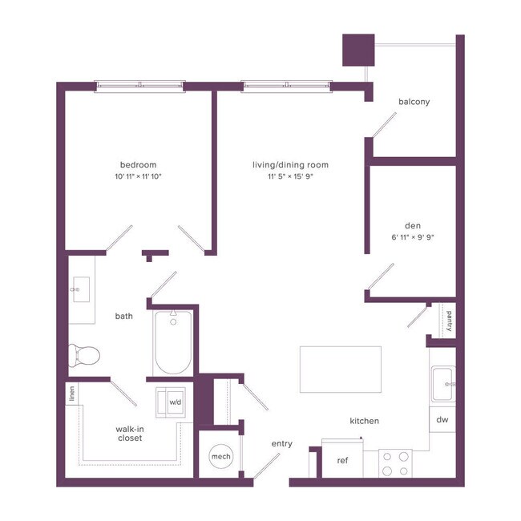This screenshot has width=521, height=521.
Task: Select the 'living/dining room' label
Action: (x=290, y=165)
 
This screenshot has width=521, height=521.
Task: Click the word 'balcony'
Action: (x=414, y=102)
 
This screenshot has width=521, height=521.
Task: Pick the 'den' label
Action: (x=414, y=226)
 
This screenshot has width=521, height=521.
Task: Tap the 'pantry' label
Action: (x=449, y=321)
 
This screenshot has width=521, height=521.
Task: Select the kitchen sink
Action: (x=443, y=384)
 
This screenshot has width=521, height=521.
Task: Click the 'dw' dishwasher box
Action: (x=442, y=419)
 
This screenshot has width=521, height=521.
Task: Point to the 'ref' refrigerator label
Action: (x=342, y=460)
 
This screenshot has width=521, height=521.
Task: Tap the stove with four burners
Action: (x=395, y=462)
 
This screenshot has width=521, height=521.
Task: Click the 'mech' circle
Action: (x=220, y=456)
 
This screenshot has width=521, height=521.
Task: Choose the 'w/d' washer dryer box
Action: (x=174, y=402)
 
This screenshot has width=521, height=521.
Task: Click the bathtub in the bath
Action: (x=174, y=344)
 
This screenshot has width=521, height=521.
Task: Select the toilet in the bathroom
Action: (x=83, y=353)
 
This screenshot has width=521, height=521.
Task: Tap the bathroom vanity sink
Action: (x=81, y=289)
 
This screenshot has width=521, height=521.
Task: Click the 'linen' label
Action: (x=72, y=393)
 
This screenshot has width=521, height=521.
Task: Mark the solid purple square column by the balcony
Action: (x=358, y=50)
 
